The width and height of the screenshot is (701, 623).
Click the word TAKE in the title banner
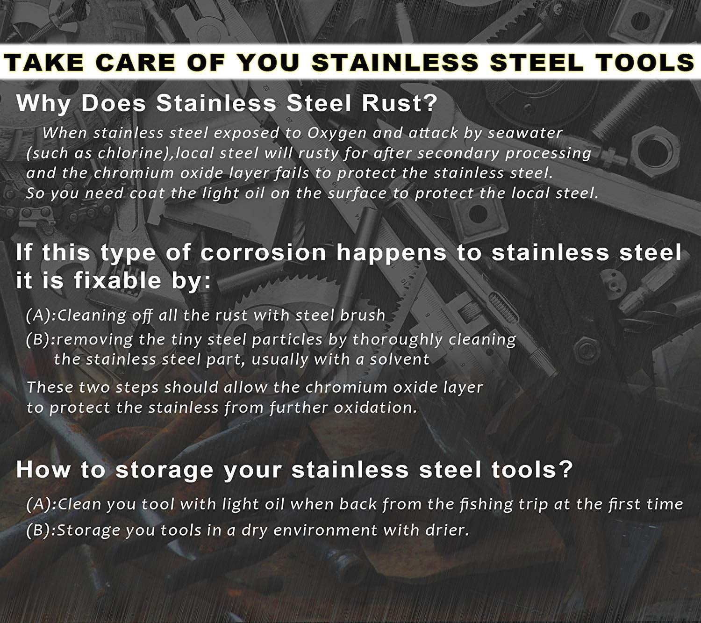pos(44,63)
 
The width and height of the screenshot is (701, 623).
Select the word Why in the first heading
pos(43,104)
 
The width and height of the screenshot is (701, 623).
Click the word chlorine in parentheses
pos(129,153)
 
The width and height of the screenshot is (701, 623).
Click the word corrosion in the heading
pos(263,252)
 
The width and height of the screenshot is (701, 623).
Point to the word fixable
pos(118,280)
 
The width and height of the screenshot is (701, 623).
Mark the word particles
pos(287,340)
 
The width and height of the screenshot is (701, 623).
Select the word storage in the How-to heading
pos(165,471)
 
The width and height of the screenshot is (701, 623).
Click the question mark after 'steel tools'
pos(565,470)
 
